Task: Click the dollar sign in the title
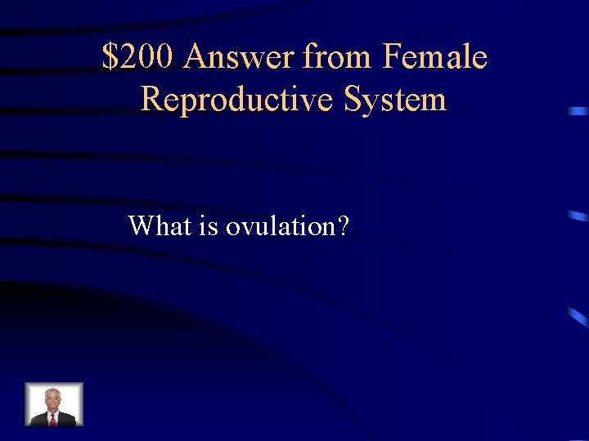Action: pos(110,58)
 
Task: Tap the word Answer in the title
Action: pos(240,58)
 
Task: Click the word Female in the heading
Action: pos(434,58)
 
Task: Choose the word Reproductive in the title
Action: pos(238,99)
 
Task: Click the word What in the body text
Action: pos(160,225)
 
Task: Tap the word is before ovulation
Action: pos(208,225)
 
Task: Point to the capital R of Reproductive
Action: pos(151,99)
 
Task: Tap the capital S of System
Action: pos(353,99)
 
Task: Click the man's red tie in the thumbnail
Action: pos(53,418)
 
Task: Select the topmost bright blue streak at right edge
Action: pos(578,110)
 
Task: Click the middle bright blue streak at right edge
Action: pos(578,216)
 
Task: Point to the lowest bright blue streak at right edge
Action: pos(579,317)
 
